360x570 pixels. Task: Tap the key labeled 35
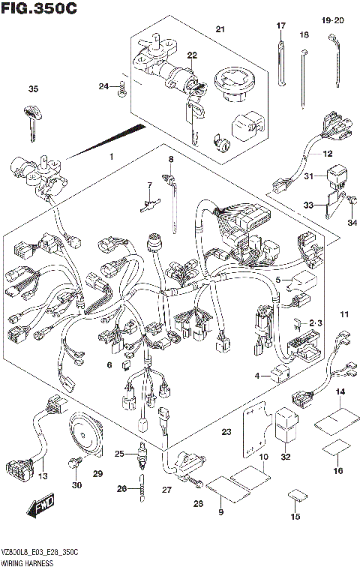pyautogui.click(x=32, y=121)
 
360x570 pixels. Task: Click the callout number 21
pyautogui.click(x=220, y=29)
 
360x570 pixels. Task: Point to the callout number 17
pyautogui.click(x=281, y=26)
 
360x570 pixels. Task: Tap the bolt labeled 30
pyautogui.click(x=74, y=465)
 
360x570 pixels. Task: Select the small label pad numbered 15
pyautogui.click(x=298, y=496)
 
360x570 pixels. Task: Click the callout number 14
pyautogui.click(x=340, y=391)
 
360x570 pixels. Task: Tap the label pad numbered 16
pyautogui.click(x=335, y=449)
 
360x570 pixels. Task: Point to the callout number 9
pyautogui.click(x=221, y=511)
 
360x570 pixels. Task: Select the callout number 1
pyautogui.click(x=110, y=157)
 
